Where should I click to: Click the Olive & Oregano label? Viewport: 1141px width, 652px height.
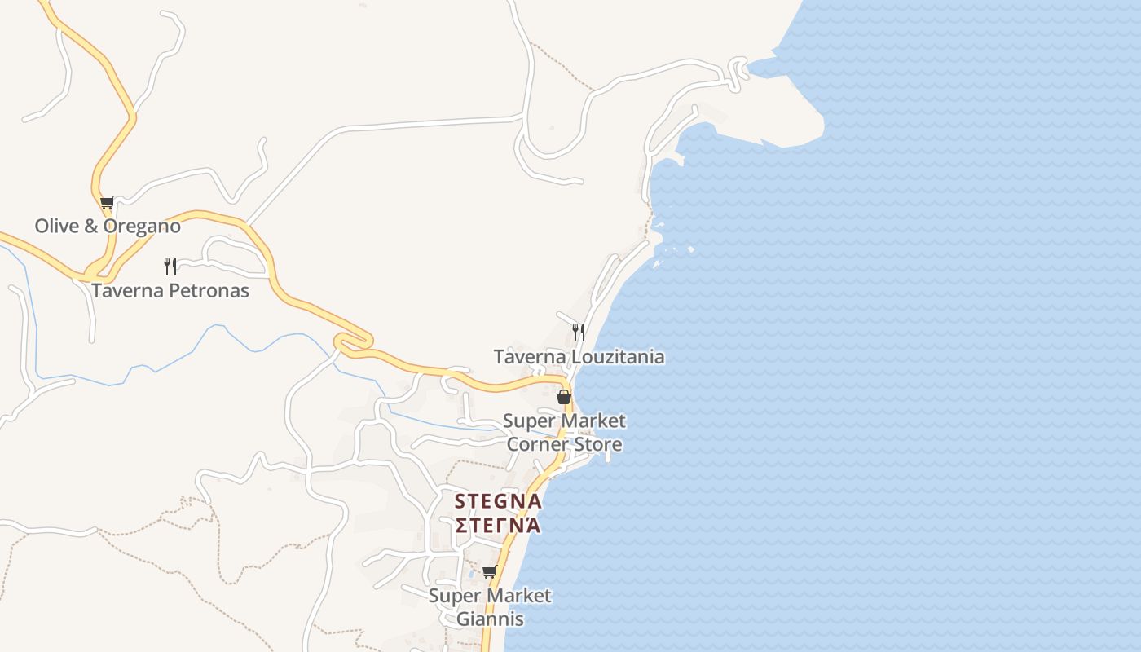tap(107, 226)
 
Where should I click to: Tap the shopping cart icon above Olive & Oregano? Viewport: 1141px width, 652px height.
tap(107, 202)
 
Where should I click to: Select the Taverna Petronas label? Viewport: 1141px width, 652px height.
tap(170, 290)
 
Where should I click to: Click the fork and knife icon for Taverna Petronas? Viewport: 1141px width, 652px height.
tap(170, 266)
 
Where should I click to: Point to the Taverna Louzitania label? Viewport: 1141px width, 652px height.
tap(579, 357)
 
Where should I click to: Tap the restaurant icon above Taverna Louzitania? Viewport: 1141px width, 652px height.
tap(578, 332)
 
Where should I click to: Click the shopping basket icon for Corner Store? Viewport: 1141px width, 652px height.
tap(563, 397)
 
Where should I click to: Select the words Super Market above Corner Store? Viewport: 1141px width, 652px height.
tap(564, 421)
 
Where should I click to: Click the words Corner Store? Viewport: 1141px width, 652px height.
tap(564, 444)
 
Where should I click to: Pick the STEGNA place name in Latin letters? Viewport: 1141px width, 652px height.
tap(498, 501)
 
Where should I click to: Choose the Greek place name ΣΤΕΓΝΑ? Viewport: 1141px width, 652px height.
tap(498, 524)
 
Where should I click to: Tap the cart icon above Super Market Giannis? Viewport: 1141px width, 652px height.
tap(489, 571)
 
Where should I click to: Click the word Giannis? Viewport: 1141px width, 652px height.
tap(490, 619)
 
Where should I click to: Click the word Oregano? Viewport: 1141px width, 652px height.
tap(142, 226)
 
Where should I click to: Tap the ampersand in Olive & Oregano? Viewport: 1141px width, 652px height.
tap(90, 226)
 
